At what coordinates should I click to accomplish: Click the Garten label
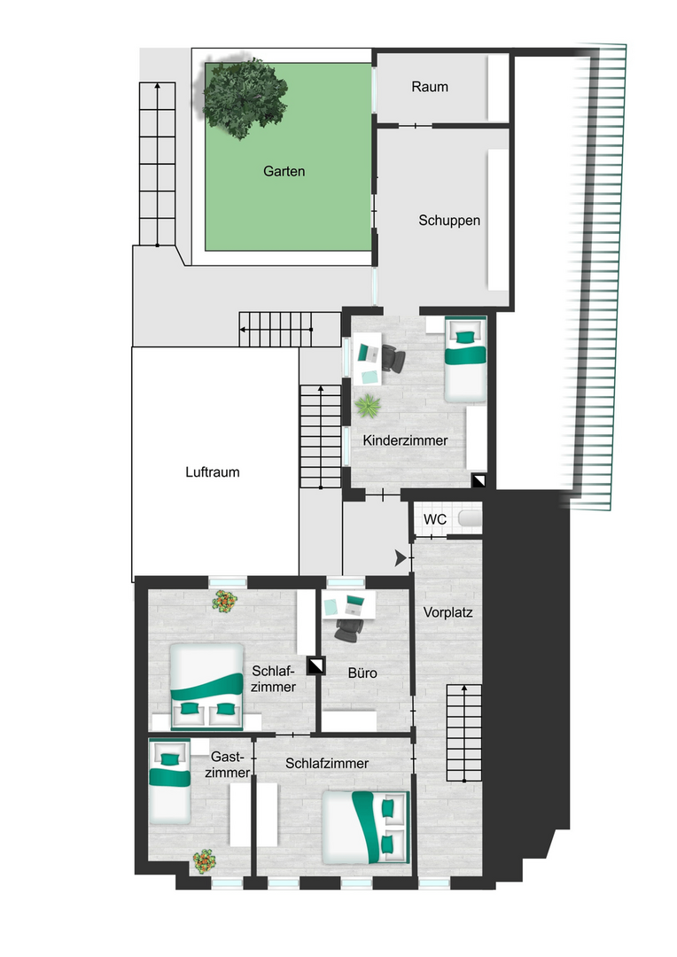(x=284, y=172)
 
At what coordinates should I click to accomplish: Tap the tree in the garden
(x=245, y=98)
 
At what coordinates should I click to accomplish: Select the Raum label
(x=430, y=87)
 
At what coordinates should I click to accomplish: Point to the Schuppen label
(x=449, y=221)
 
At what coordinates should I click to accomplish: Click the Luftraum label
(x=213, y=471)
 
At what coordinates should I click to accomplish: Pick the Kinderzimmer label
(x=405, y=440)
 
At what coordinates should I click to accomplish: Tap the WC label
(x=435, y=519)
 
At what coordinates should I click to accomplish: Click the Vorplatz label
(x=448, y=612)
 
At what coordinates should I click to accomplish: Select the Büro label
(x=362, y=673)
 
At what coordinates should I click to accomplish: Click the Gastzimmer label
(x=228, y=765)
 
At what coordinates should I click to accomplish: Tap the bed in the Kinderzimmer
(x=465, y=359)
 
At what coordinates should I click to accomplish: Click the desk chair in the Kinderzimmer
(x=393, y=358)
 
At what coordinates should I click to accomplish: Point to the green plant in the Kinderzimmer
(x=368, y=405)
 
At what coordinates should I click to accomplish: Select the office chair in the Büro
(x=348, y=629)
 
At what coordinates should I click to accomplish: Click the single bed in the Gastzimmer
(x=170, y=782)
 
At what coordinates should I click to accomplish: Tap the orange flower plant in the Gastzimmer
(x=205, y=861)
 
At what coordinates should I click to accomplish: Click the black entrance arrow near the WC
(x=401, y=558)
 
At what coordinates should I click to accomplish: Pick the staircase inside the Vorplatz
(x=464, y=733)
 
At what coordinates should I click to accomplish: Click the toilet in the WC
(x=470, y=518)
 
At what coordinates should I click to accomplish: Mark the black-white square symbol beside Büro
(x=315, y=665)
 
